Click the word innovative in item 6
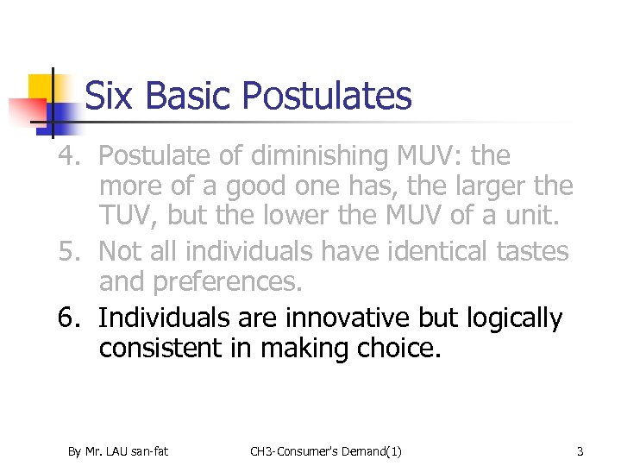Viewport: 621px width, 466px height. click(321, 318)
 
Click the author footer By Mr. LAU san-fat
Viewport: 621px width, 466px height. click(118, 450)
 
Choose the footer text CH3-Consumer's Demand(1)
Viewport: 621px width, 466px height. click(325, 450)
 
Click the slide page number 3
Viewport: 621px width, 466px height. click(580, 450)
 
